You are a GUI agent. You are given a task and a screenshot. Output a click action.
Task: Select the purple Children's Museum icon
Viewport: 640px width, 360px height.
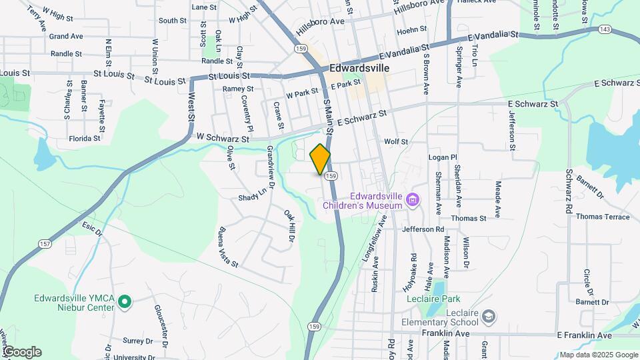click(x=413, y=199)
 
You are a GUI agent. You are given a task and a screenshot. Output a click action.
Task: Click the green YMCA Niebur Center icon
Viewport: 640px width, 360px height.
click(x=124, y=303)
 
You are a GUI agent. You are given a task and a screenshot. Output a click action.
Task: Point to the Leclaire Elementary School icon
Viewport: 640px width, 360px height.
click(x=489, y=315)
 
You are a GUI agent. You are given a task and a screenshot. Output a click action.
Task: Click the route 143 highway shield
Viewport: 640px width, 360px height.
click(x=605, y=29)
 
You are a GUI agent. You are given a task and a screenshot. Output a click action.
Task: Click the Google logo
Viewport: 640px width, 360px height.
click(x=22, y=351)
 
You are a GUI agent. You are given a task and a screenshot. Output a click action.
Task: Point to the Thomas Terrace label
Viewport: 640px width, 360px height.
click(x=603, y=217)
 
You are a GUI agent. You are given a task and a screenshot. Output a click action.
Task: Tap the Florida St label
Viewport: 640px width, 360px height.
click(x=84, y=139)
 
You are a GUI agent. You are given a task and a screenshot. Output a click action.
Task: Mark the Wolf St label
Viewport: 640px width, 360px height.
click(x=395, y=141)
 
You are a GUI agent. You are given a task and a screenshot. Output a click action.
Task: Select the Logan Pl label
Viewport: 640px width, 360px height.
click(x=443, y=157)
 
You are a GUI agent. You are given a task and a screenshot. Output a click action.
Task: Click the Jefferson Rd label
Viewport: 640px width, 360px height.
click(x=423, y=229)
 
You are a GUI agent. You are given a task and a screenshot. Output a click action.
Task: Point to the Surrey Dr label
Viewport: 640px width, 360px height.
click(x=138, y=340)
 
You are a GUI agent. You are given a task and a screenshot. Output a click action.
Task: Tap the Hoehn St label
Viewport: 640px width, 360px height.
click(x=411, y=31)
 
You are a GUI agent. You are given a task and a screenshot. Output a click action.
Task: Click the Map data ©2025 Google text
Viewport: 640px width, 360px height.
click(x=598, y=355)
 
